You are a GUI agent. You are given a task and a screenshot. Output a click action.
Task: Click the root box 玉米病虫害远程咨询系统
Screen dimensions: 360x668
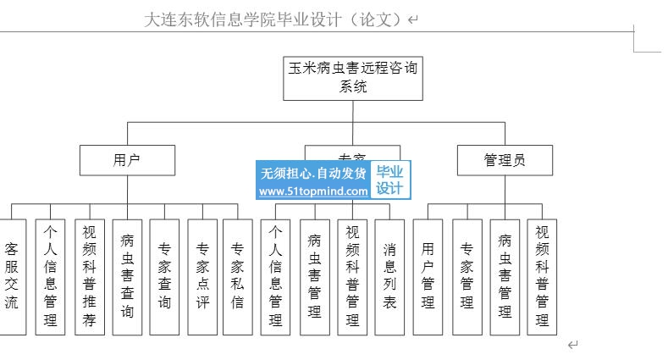pyautogui.click(x=353, y=77)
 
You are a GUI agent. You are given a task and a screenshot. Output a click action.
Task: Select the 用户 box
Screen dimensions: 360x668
pyautogui.click(x=127, y=159)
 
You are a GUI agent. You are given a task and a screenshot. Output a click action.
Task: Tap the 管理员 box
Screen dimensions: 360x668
pyautogui.click(x=505, y=159)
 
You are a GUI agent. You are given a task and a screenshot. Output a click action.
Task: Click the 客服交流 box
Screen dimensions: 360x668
pyautogui.click(x=11, y=275)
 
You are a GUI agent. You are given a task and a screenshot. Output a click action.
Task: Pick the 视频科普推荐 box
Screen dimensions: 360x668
pyautogui.click(x=89, y=275)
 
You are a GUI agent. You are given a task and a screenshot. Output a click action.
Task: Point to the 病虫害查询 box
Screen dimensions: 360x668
pyautogui.click(x=127, y=275)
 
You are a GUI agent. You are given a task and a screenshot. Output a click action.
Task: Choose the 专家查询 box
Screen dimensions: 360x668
pyautogui.click(x=165, y=275)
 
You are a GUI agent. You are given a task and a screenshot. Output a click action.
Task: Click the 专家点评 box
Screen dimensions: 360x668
pyautogui.click(x=203, y=275)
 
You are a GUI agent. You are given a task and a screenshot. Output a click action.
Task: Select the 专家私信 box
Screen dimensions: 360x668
pyautogui.click(x=238, y=275)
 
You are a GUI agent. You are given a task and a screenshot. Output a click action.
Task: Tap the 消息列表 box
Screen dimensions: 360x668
pyautogui.click(x=389, y=275)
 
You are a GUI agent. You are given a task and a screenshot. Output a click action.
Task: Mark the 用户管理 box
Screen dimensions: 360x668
pyautogui.click(x=428, y=275)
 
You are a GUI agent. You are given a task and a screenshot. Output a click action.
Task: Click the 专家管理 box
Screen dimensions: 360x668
pyautogui.click(x=466, y=275)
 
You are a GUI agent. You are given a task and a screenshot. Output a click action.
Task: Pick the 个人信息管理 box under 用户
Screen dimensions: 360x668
pyautogui.click(x=51, y=275)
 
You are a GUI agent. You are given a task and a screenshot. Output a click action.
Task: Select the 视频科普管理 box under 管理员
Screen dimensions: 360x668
pyautogui.click(x=542, y=275)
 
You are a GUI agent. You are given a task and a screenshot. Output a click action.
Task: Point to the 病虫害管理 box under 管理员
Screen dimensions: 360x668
pyautogui.click(x=505, y=275)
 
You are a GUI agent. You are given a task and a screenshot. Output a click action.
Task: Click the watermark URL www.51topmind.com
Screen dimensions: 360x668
pyautogui.click(x=313, y=191)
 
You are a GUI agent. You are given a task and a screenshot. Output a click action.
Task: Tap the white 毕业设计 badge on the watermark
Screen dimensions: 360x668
pyautogui.click(x=390, y=180)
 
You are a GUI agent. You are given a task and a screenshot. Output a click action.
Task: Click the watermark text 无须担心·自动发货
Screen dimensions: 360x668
pyautogui.click(x=313, y=173)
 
